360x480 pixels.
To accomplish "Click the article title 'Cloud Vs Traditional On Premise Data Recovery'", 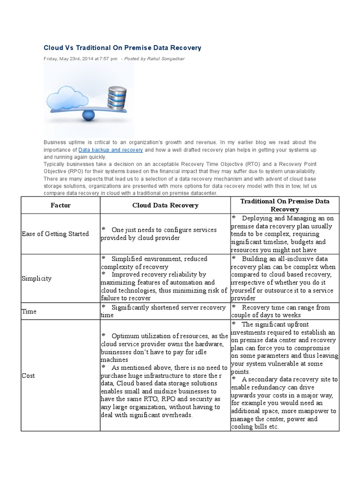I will (122, 48).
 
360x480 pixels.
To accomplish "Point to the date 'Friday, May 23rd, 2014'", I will (71, 59).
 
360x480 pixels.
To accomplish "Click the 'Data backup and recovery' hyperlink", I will (111, 150).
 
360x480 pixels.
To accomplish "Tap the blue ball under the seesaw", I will (89, 115).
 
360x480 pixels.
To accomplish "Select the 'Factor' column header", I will (60, 205).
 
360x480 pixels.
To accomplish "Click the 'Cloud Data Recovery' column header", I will (165, 205).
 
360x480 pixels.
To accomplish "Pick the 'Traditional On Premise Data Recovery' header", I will (285, 205).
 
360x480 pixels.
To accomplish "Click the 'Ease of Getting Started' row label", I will (55, 234).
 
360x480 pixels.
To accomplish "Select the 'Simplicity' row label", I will (37, 278).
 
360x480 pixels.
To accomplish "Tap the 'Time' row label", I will (29, 311).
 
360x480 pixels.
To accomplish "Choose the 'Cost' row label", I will (28, 375).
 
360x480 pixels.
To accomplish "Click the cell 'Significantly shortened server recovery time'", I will (164, 311).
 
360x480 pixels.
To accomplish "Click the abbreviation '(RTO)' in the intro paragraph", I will (253, 164).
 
